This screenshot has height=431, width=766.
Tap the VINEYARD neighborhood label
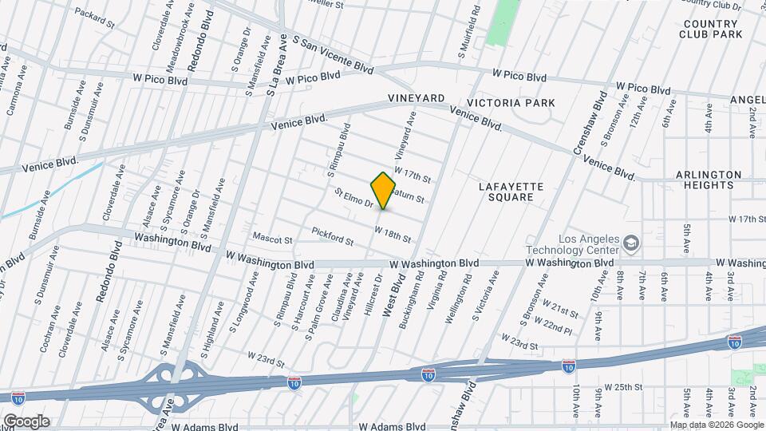416,98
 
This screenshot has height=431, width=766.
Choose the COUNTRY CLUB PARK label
712,29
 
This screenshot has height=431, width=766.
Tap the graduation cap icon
631,242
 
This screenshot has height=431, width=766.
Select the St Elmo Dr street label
353,198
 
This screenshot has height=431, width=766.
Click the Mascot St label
273,239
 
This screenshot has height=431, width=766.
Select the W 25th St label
623,387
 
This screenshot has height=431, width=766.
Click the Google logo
26,421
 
